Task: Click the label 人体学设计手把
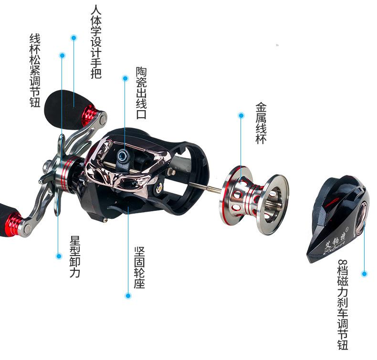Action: pyautogui.click(x=95, y=41)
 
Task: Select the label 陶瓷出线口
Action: pyautogui.click(x=141, y=93)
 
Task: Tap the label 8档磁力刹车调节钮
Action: pyautogui.click(x=342, y=305)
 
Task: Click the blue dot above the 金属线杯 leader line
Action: pyautogui.click(x=241, y=115)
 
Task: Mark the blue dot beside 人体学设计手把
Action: pyautogui.click(x=73, y=37)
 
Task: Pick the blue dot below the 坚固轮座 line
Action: pyautogui.click(x=128, y=296)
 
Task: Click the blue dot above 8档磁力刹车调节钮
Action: pyautogui.click(x=364, y=274)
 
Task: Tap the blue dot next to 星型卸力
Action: pyautogui.click(x=59, y=256)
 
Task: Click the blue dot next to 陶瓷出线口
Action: pyautogui.click(x=125, y=78)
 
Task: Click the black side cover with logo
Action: pyautogui.click(x=336, y=220)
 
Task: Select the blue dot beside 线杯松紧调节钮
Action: pyautogui.click(x=62, y=55)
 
